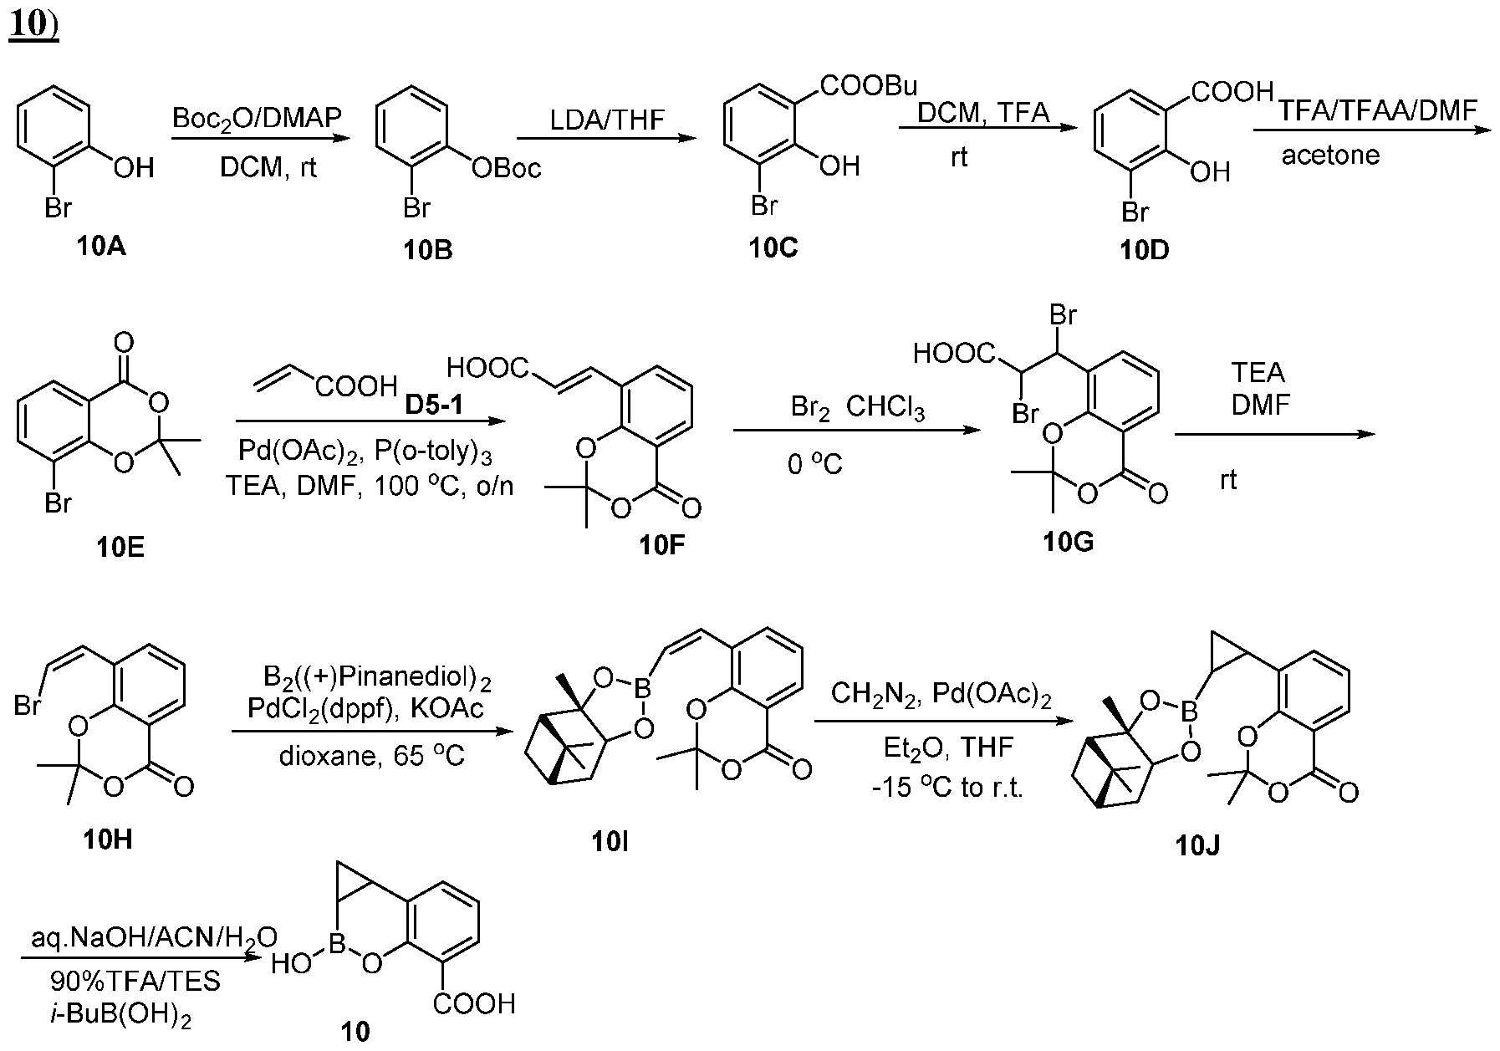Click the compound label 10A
click(x=101, y=247)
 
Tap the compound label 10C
click(x=773, y=248)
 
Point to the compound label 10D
click(x=1145, y=250)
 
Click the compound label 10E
click(x=120, y=548)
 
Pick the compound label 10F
click(x=664, y=546)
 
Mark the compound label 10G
click(x=1068, y=543)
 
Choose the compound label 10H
click(x=108, y=839)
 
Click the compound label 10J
click(x=1196, y=846)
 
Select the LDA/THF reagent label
click(x=607, y=120)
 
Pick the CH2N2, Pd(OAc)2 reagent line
click(x=941, y=694)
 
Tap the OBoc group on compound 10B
click(x=507, y=169)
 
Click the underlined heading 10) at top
click(x=33, y=25)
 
